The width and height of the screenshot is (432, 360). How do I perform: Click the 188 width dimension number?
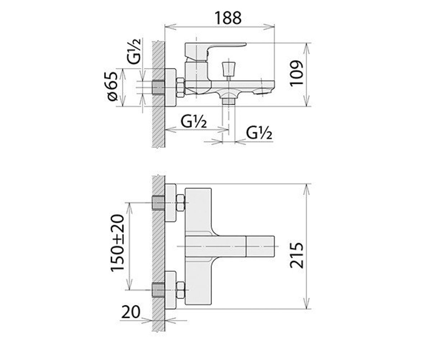coord(228,18)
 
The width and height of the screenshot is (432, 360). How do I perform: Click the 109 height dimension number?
coord(296,73)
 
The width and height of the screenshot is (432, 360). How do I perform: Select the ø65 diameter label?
coord(113,86)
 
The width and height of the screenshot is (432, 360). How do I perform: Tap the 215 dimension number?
coord(296,255)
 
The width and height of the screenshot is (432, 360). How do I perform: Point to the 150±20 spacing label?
coord(117,243)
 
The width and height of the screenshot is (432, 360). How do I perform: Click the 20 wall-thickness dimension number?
coord(131,312)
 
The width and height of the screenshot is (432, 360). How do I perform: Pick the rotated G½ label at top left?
coord(134,51)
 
